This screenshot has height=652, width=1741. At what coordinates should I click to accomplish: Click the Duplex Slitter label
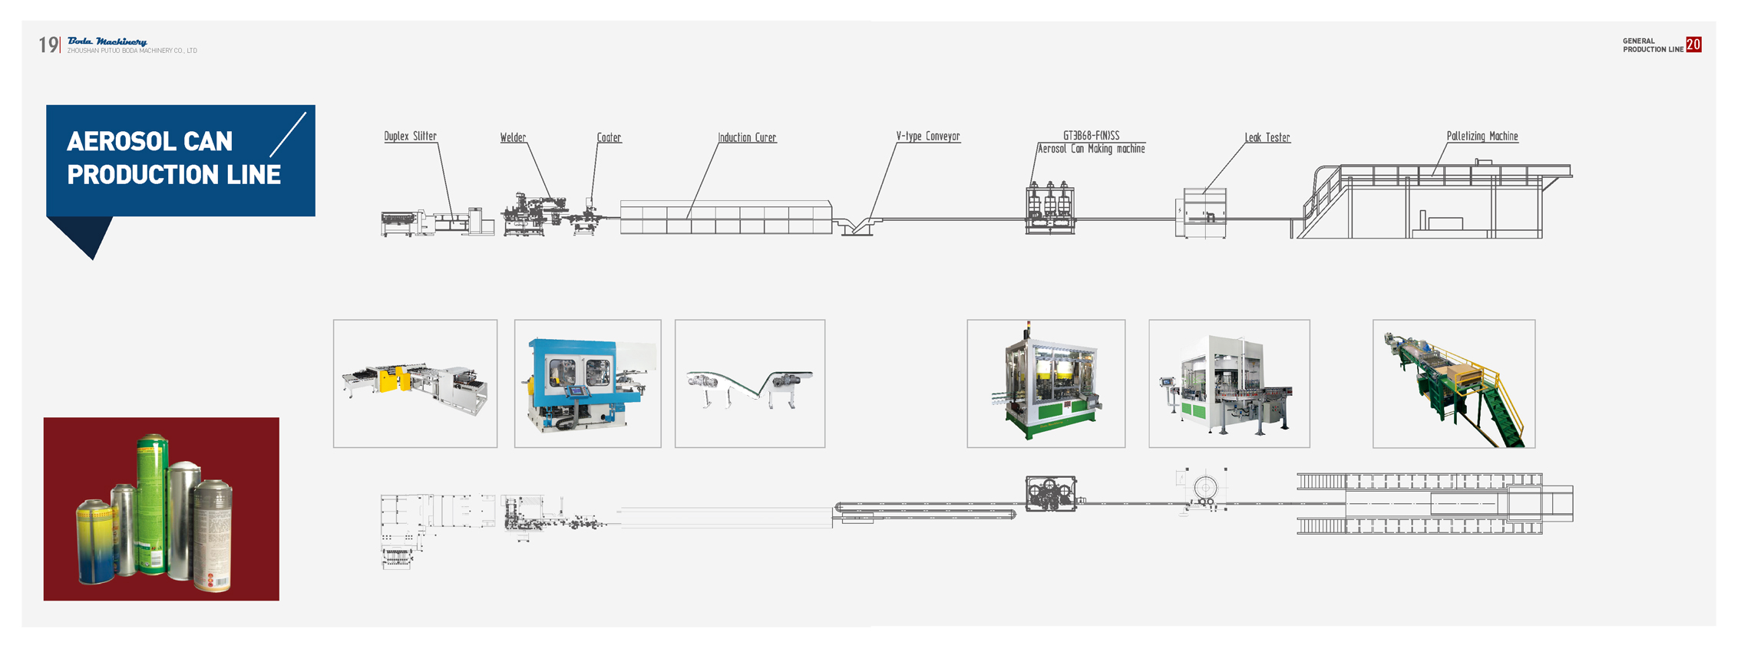click(410, 137)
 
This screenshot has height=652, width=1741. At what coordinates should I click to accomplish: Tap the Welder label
click(513, 138)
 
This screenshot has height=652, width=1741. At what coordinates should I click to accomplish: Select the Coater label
click(609, 138)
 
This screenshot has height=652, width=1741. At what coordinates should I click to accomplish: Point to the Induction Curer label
click(747, 138)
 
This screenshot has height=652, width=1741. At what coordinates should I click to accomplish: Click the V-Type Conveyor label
click(927, 137)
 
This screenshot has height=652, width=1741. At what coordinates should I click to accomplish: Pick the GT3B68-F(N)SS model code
click(1091, 136)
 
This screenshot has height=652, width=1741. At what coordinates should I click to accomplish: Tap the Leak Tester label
click(1267, 138)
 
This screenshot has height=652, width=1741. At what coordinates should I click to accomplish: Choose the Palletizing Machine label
click(1482, 137)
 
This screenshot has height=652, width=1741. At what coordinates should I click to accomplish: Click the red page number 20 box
click(1693, 45)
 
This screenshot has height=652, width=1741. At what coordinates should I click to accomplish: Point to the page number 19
click(48, 45)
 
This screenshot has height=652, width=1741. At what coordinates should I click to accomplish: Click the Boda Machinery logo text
click(107, 41)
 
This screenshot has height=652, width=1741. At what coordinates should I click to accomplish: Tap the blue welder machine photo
click(587, 384)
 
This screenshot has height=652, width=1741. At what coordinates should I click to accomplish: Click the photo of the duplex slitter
click(415, 384)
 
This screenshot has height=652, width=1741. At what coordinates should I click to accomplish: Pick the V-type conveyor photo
click(750, 384)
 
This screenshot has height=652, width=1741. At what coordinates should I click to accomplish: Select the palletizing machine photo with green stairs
click(1454, 384)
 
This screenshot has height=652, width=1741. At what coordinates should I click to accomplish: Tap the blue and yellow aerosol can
click(94, 541)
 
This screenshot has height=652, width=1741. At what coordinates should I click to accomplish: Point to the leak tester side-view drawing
click(1203, 212)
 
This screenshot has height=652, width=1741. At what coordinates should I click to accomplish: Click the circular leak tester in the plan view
click(1205, 487)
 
